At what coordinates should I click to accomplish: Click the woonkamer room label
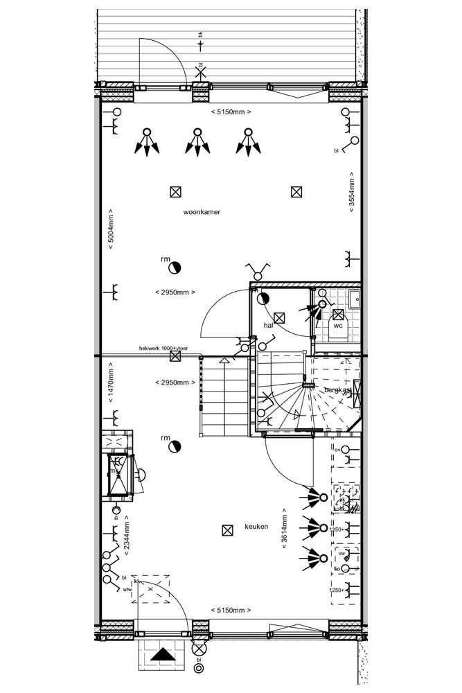(202, 212)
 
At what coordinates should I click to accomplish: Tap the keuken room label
(256, 527)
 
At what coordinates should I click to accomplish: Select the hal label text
(268, 325)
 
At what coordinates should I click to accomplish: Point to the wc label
(338, 325)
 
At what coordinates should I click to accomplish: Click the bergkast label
(338, 390)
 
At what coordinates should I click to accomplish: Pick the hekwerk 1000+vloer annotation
(163, 349)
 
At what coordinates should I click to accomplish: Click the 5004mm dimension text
(111, 228)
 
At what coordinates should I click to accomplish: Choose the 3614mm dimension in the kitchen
(284, 530)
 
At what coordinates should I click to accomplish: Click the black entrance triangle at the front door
(163, 653)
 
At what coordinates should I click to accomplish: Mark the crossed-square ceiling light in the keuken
(226, 531)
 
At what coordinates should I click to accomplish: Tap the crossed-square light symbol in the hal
(279, 318)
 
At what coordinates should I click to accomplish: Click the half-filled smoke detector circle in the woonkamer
(175, 267)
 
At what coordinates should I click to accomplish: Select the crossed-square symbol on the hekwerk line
(175, 356)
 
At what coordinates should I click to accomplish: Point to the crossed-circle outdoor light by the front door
(199, 650)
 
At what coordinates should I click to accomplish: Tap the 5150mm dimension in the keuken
(231, 611)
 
